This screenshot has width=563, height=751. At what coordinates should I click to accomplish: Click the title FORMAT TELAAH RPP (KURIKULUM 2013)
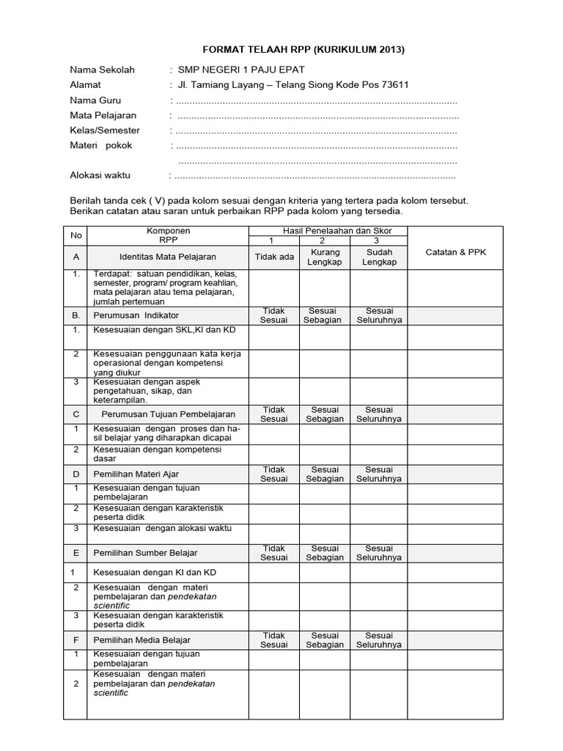coord(281,50)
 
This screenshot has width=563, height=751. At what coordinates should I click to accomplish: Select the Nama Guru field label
coord(95,100)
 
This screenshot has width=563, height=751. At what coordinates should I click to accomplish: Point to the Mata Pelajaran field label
coord(103,116)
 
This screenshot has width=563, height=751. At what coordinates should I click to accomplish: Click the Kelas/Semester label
coord(104,131)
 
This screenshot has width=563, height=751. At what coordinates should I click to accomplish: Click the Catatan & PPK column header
coord(455,252)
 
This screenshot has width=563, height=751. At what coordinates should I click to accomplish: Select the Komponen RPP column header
coord(169,235)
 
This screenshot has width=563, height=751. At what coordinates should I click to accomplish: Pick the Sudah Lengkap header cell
coord(379,257)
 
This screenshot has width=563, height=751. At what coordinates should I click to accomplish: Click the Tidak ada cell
coord(273,257)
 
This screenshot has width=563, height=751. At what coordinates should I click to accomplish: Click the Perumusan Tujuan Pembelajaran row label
coord(169,414)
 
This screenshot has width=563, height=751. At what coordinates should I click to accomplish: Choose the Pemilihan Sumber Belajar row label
coord(145,552)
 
